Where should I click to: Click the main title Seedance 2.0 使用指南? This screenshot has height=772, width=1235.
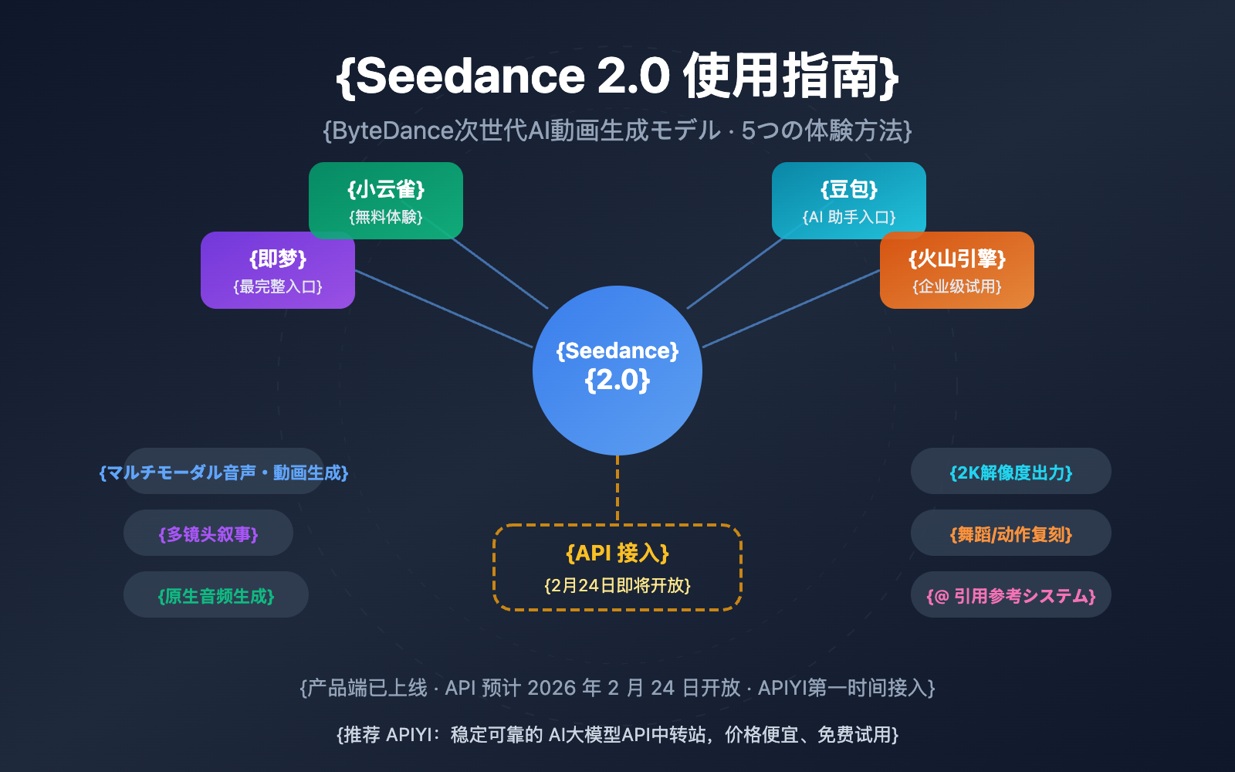[617, 76]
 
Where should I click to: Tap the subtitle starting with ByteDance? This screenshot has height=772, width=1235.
[617, 130]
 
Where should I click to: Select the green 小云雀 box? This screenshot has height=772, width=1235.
[386, 200]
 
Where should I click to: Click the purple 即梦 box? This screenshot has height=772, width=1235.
[278, 270]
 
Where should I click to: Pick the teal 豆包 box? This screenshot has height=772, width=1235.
[849, 200]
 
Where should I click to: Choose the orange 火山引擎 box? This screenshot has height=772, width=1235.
[957, 270]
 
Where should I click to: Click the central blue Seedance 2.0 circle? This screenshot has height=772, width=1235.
[617, 371]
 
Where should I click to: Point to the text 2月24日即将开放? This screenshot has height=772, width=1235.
[617, 586]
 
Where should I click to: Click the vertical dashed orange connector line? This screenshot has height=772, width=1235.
[617, 490]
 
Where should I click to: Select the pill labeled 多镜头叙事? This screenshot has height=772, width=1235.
[208, 533]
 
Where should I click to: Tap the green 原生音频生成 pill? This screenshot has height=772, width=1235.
[216, 595]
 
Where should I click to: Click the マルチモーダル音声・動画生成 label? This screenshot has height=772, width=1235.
[224, 472]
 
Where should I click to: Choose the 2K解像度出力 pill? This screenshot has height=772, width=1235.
[1011, 472]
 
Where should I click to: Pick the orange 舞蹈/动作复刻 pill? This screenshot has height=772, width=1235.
[1011, 533]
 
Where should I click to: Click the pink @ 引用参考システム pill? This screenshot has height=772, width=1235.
[1011, 595]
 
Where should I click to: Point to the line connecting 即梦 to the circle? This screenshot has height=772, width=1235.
[444, 309]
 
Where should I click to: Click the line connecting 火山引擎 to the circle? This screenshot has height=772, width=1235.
[791, 309]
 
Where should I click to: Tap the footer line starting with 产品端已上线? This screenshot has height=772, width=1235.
[617, 688]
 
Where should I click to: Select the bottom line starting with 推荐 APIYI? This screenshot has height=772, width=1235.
[617, 734]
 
